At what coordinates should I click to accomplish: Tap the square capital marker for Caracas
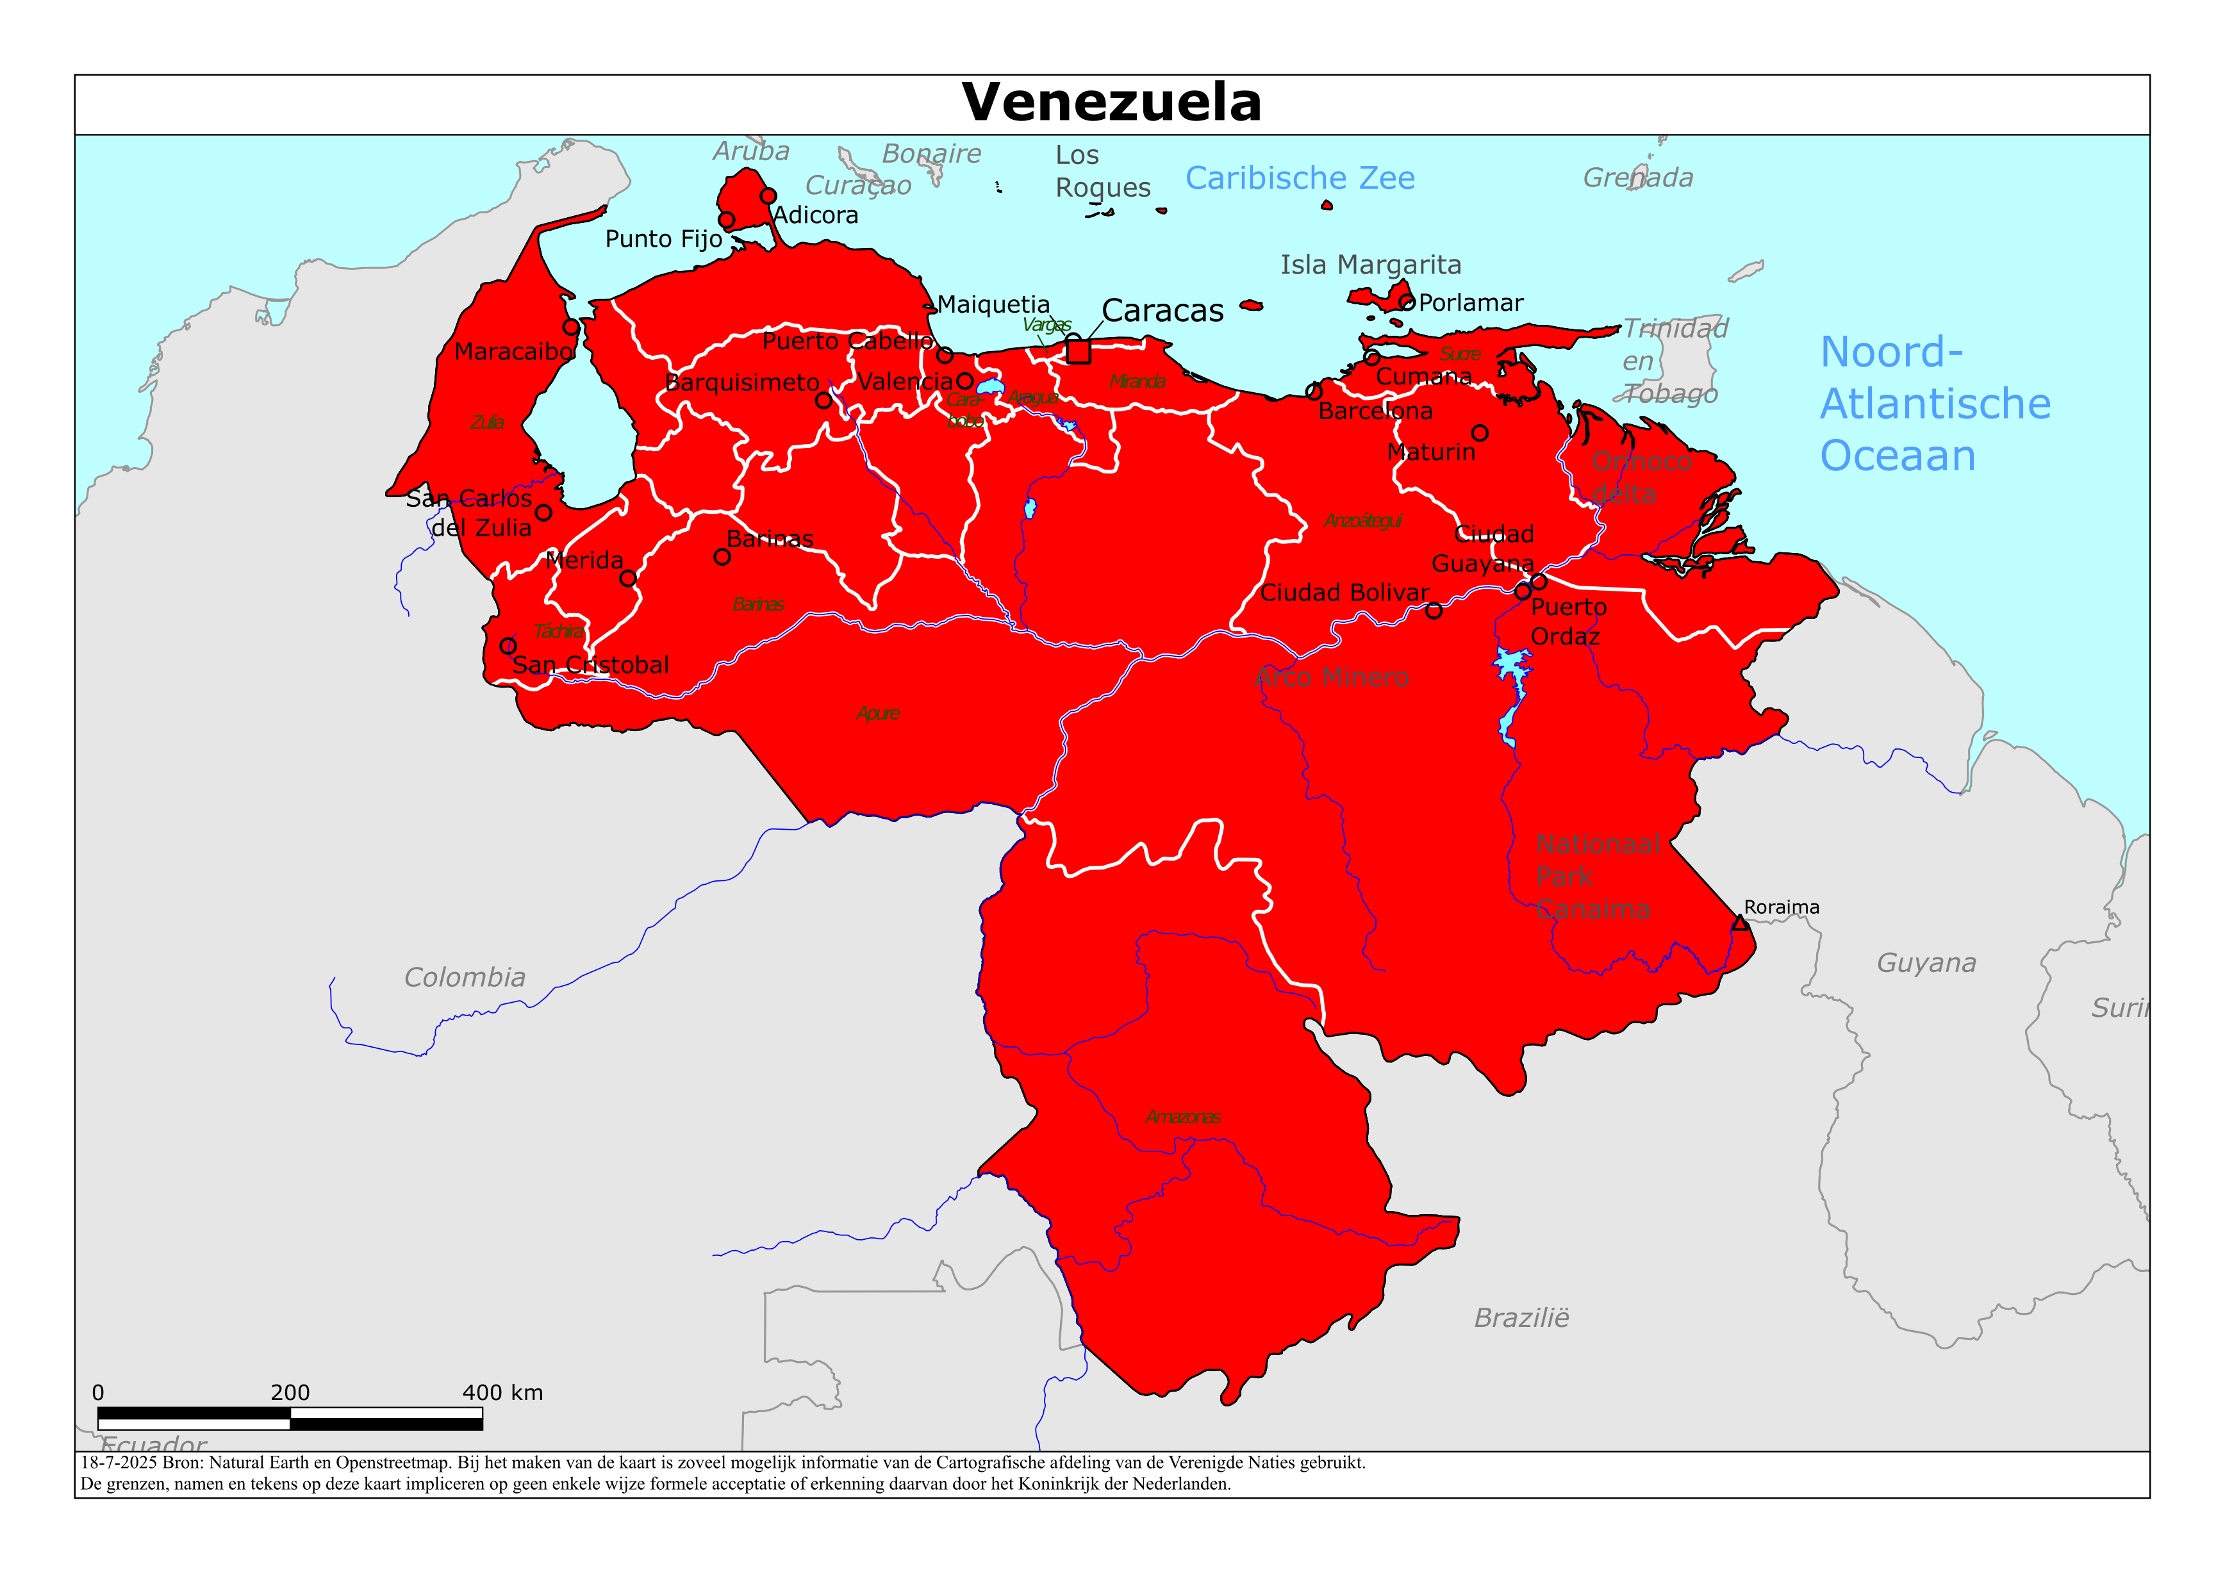pyautogui.click(x=1079, y=351)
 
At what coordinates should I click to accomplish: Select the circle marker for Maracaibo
pyautogui.click(x=572, y=327)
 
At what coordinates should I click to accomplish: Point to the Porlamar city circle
pyautogui.click(x=1407, y=303)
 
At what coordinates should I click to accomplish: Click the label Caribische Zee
pyautogui.click(x=1300, y=178)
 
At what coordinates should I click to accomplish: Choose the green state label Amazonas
pyautogui.click(x=1182, y=1117)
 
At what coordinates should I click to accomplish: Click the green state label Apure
pyautogui.click(x=878, y=713)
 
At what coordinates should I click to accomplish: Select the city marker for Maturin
pyautogui.click(x=1480, y=433)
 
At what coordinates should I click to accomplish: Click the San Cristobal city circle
pyautogui.click(x=508, y=645)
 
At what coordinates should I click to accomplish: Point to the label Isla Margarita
pyautogui.click(x=1370, y=265)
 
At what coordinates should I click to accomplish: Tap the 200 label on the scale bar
pyautogui.click(x=290, y=1393)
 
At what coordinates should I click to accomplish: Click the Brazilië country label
pyautogui.click(x=1521, y=1318)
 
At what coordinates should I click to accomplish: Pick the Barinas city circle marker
pyautogui.click(x=722, y=557)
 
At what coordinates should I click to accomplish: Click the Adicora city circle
pyautogui.click(x=768, y=196)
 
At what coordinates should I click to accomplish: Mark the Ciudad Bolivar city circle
pyautogui.click(x=1434, y=611)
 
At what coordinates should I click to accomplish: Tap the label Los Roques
pyautogui.click(x=1102, y=172)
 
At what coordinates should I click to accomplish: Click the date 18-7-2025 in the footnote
pyautogui.click(x=118, y=1463)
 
